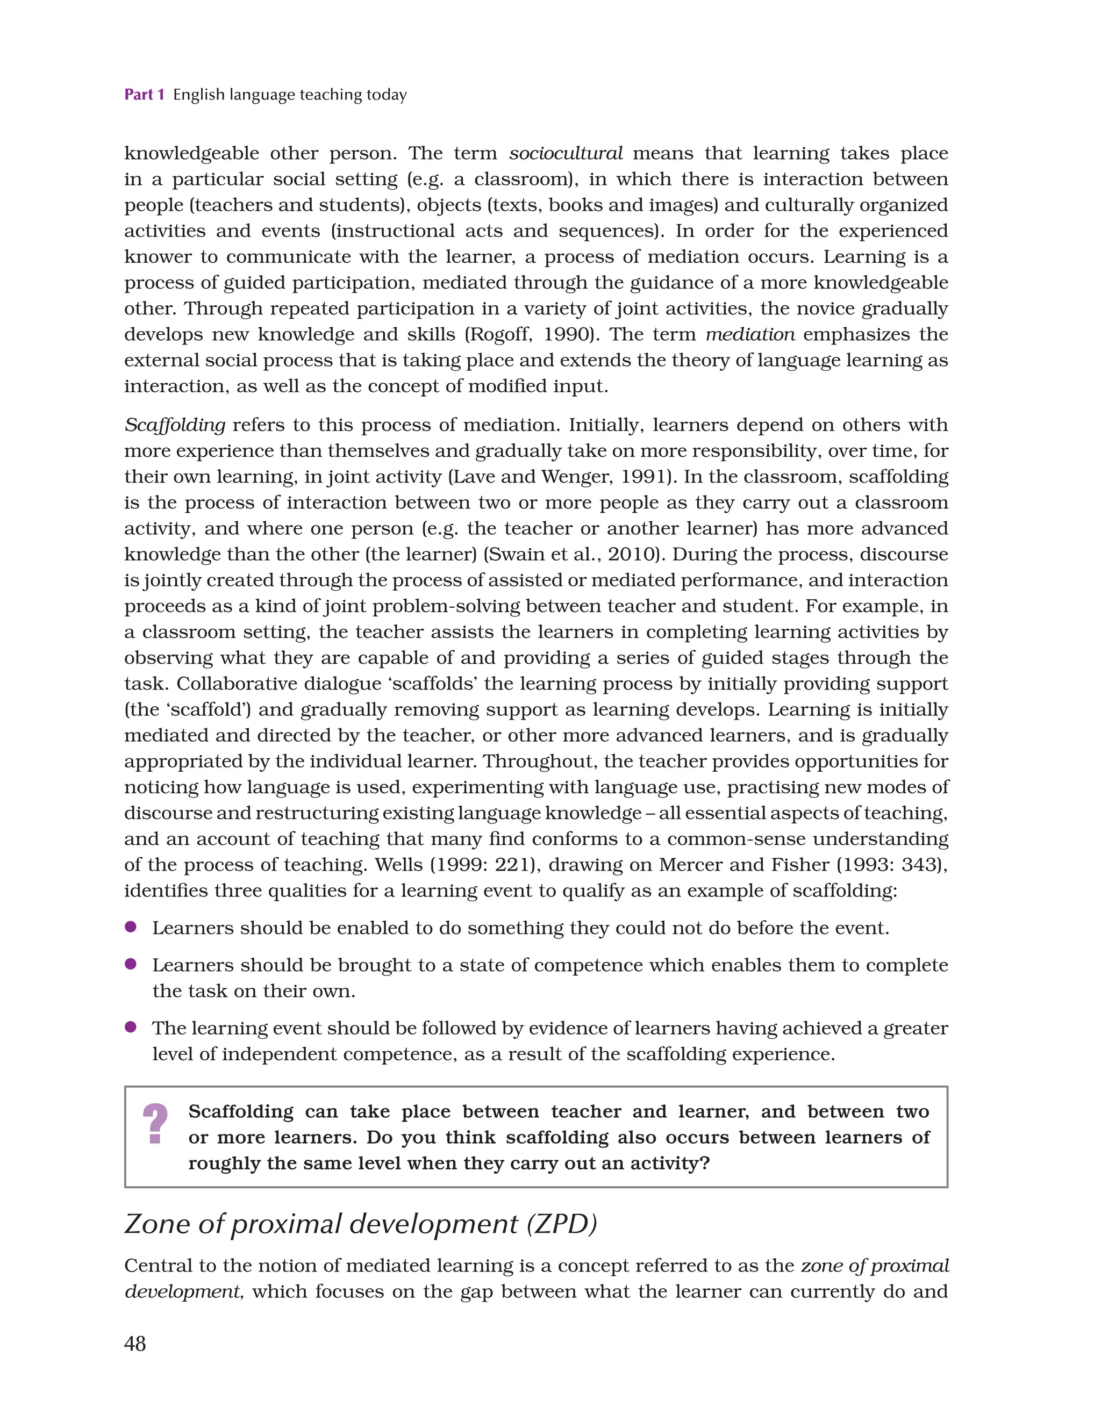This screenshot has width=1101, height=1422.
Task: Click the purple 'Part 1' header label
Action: (144, 95)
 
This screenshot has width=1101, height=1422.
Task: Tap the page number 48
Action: (135, 1343)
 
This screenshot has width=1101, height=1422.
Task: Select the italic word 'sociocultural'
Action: (566, 154)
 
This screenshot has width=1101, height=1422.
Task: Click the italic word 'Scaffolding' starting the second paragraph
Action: (175, 425)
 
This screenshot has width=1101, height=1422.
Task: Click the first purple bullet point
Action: (130, 927)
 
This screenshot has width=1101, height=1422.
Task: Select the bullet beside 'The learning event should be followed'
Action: (130, 1027)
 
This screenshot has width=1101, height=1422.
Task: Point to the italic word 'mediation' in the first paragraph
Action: (750, 335)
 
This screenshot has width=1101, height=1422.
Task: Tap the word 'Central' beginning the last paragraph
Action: (158, 1266)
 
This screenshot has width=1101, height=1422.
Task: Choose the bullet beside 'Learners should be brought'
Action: (130, 964)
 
